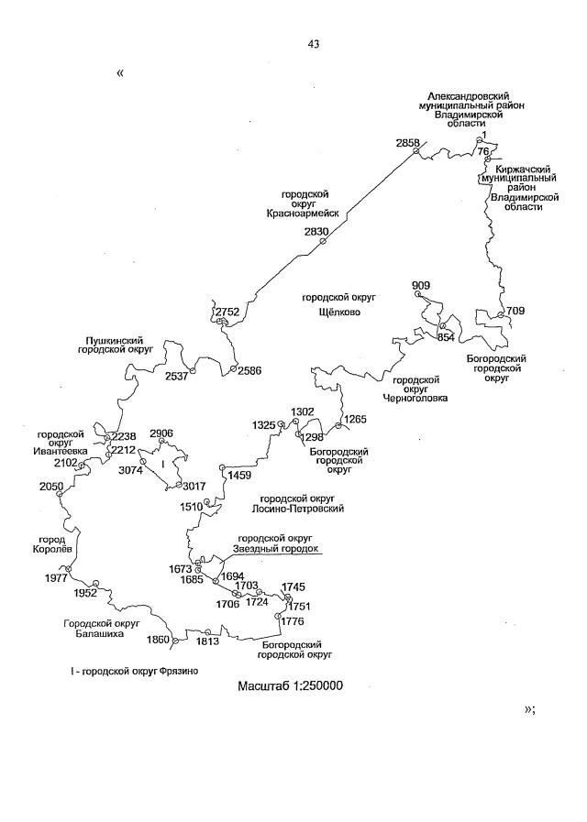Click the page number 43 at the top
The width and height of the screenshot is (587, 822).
(x=314, y=43)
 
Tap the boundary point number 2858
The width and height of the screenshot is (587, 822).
(x=407, y=143)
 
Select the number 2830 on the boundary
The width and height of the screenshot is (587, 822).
(x=316, y=232)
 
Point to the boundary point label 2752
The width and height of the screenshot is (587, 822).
(x=227, y=312)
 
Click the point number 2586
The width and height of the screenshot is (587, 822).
(x=249, y=370)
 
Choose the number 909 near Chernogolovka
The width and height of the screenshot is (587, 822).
(x=421, y=286)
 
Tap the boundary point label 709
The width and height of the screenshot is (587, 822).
(x=515, y=312)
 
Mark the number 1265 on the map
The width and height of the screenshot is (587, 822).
(x=355, y=419)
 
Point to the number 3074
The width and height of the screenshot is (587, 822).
(x=132, y=470)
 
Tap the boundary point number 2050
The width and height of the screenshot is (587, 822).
(x=51, y=486)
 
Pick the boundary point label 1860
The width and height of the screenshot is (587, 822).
(x=159, y=640)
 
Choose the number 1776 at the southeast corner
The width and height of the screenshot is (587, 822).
(x=293, y=622)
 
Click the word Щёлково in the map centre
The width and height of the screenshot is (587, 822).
(x=331, y=312)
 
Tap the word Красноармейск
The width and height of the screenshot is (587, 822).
(x=297, y=213)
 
